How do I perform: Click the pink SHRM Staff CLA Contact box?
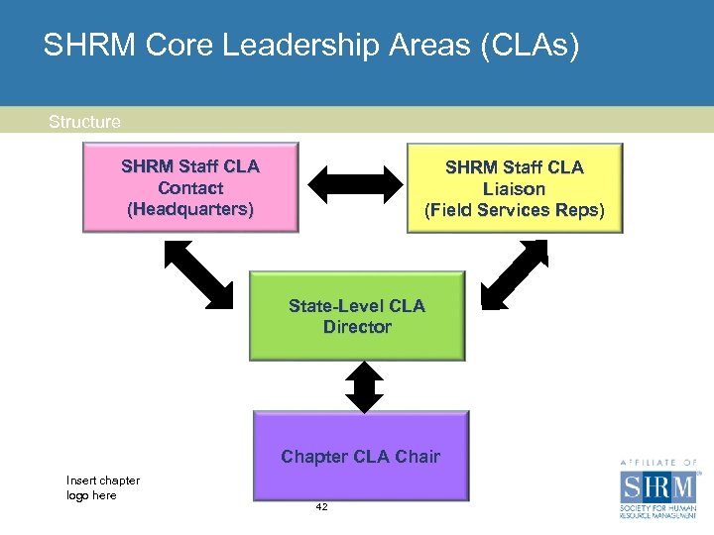click(190, 187)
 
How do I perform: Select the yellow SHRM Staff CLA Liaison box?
click(515, 188)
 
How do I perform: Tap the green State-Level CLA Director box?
click(357, 315)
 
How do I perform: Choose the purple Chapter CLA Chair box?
click(361, 455)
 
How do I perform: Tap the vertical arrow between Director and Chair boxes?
click(366, 386)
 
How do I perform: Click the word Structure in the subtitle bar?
click(84, 122)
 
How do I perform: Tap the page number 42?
click(321, 506)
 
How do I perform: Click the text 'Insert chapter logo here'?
click(102, 487)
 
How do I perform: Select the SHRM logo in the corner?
click(657, 491)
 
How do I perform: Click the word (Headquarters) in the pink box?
click(190, 209)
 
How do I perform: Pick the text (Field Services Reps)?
click(515, 210)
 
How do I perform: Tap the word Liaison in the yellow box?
click(515, 188)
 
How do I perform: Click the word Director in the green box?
click(357, 327)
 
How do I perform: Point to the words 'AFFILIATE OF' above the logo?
click(658, 462)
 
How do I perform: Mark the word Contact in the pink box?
click(190, 187)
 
